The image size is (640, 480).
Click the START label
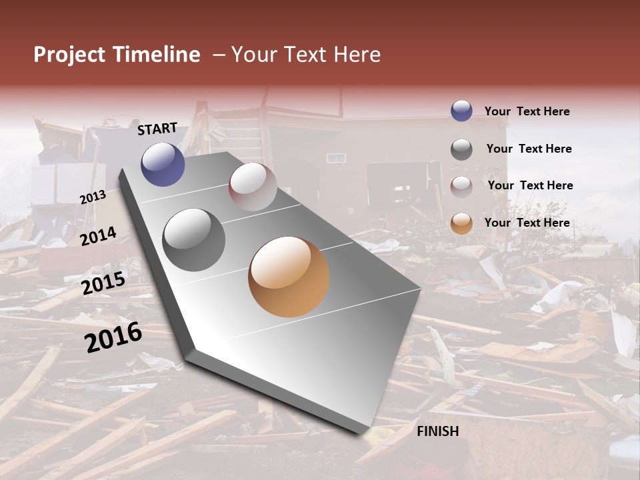[x=157, y=129]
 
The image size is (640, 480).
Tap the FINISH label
[x=438, y=431]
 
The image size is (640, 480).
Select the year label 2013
[x=93, y=197]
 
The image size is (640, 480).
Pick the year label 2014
[x=99, y=237]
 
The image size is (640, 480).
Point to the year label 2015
[x=103, y=284]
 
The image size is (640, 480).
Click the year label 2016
[x=114, y=337]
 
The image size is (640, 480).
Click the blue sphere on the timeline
[x=163, y=164]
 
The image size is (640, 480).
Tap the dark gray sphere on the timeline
[x=193, y=240]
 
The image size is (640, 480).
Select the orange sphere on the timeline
[x=289, y=277]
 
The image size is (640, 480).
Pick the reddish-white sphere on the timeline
[x=253, y=186]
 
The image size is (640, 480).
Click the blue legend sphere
[x=461, y=111]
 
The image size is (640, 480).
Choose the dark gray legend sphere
[x=461, y=149]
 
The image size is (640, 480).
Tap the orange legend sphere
[x=461, y=223]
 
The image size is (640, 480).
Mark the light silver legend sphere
[x=461, y=186]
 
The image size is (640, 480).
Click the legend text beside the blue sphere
[x=527, y=112]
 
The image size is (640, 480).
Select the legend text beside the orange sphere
[x=527, y=223]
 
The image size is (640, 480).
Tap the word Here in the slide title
[x=357, y=55]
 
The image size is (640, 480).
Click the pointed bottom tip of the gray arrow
[x=366, y=434]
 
